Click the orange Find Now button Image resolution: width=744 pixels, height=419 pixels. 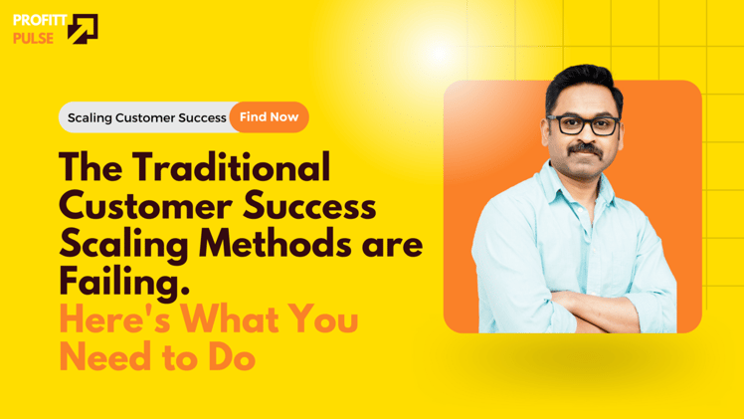(269, 117)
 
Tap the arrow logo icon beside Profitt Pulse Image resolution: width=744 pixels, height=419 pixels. (83, 29)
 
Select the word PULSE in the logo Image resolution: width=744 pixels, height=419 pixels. (33, 39)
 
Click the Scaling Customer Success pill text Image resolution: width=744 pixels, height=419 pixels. (146, 117)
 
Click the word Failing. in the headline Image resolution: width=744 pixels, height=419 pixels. (123, 283)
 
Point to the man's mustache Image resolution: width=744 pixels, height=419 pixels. (585, 148)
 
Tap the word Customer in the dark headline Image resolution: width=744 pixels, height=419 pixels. (139, 207)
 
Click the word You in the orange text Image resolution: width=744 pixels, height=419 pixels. (322, 320)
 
